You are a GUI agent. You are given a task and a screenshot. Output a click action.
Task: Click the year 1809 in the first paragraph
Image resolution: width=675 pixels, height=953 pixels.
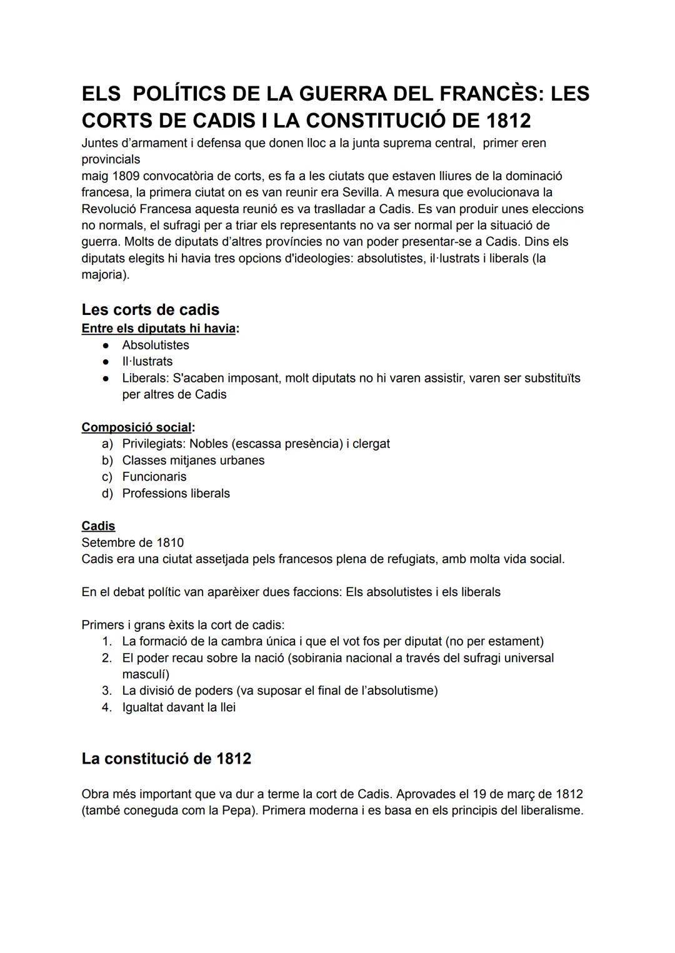(126, 176)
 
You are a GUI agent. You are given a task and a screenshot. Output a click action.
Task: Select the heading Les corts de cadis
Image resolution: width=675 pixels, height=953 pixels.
(150, 310)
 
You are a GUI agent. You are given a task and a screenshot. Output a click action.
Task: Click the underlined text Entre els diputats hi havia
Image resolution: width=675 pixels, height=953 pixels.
(159, 328)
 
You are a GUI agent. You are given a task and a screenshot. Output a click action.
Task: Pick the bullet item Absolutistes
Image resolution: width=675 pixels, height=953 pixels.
(156, 345)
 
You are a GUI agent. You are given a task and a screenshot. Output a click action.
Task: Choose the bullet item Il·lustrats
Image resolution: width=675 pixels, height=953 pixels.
(147, 361)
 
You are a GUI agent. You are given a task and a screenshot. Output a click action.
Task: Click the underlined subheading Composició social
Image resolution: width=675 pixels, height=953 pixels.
(137, 427)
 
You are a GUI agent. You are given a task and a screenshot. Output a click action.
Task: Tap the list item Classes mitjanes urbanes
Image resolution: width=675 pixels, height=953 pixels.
(193, 461)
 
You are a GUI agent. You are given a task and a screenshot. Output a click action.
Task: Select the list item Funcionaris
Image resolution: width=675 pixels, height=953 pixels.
(154, 477)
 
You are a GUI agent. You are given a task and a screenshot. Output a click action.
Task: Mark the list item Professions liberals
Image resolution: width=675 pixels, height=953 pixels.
(176, 494)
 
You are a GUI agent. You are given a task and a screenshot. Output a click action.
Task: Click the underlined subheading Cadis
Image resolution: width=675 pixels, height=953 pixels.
(98, 526)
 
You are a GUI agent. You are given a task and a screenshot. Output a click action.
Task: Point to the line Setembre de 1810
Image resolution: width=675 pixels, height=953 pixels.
(132, 542)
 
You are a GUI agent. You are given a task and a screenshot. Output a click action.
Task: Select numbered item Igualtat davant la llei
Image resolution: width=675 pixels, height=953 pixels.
(179, 707)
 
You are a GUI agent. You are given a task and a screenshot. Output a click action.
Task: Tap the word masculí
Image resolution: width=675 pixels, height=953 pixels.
(145, 674)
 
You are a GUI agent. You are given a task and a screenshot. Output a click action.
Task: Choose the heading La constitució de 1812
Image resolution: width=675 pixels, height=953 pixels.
(166, 759)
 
